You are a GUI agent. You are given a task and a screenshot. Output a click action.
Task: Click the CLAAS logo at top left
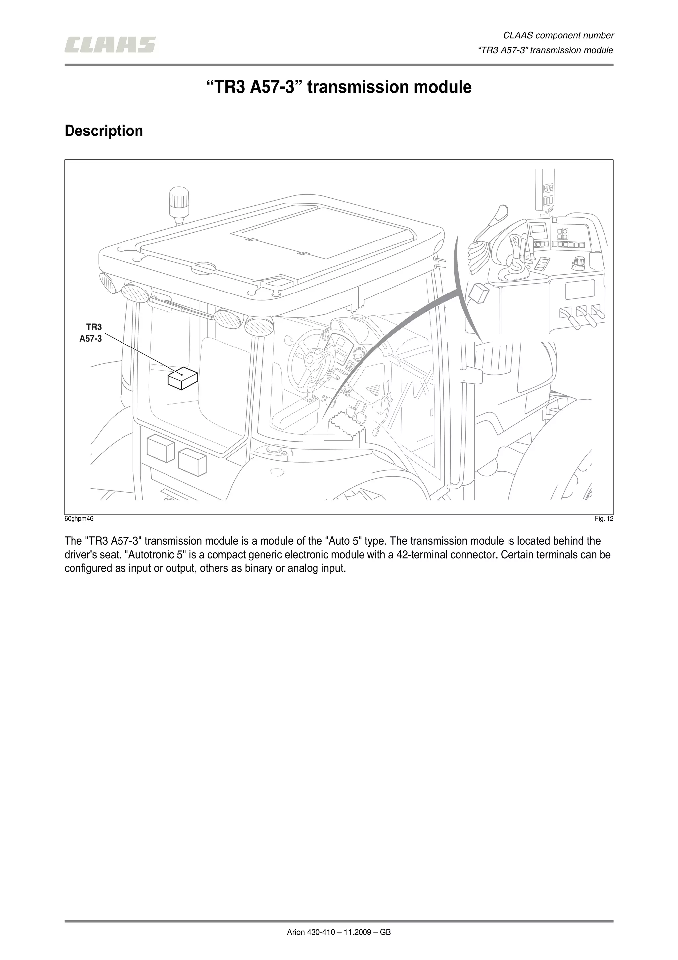click(110, 45)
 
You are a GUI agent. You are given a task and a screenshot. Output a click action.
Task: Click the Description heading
click(104, 131)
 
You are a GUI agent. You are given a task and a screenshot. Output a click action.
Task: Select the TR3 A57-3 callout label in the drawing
click(91, 333)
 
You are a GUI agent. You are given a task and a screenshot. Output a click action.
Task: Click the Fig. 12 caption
click(604, 519)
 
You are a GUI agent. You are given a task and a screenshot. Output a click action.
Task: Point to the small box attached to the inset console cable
click(479, 293)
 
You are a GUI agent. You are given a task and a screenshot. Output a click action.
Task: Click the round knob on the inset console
click(578, 261)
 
